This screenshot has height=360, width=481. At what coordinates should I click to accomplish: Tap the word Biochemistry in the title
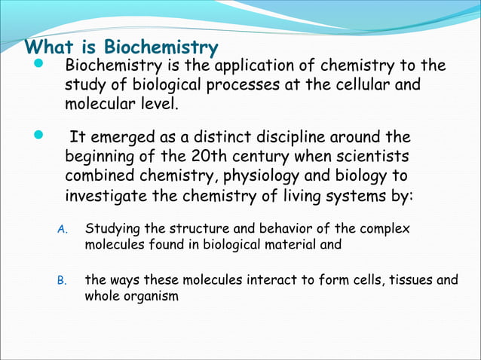point(161,48)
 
